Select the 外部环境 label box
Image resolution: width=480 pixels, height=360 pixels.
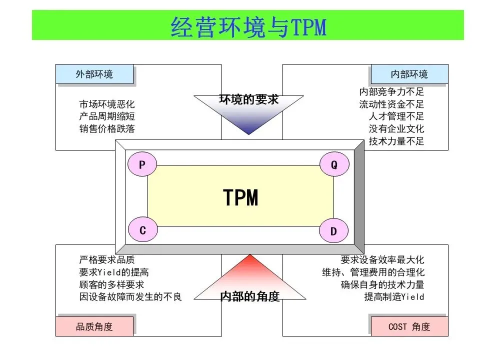click(x=94, y=74)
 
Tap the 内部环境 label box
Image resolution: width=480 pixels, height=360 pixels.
click(x=409, y=74)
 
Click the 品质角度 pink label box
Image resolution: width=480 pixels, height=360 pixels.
click(x=94, y=327)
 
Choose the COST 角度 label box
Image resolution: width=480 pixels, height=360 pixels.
click(x=409, y=327)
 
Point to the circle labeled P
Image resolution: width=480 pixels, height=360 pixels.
click(x=142, y=164)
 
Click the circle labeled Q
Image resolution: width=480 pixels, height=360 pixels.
click(x=334, y=164)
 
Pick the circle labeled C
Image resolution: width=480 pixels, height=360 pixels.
click(x=142, y=230)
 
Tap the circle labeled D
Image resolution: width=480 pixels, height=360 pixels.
click(x=334, y=230)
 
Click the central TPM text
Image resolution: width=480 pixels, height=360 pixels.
click(x=240, y=198)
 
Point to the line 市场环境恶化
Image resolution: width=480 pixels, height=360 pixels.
click(x=107, y=104)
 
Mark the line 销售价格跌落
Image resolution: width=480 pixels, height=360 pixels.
click(x=107, y=128)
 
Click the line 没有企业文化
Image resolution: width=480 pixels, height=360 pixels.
click(x=396, y=129)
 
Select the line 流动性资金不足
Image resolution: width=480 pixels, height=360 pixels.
click(x=391, y=104)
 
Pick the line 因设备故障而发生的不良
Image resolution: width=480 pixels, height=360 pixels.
click(x=130, y=296)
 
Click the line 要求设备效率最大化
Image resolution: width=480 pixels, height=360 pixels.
click(x=382, y=260)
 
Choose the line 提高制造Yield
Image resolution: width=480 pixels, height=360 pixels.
click(x=394, y=296)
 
